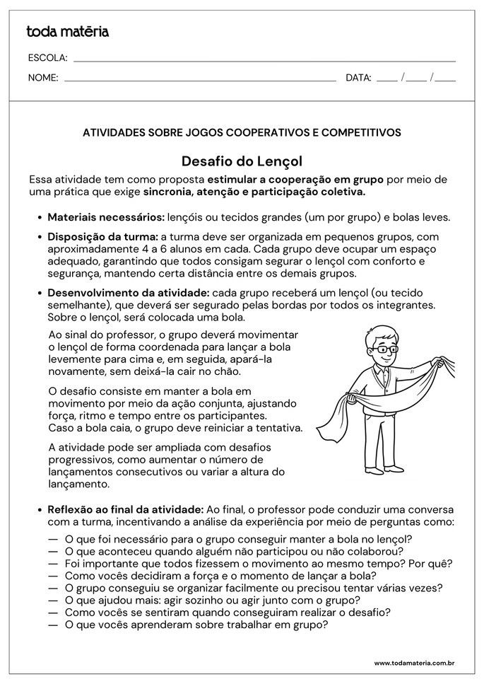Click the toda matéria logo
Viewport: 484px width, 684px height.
(67, 32)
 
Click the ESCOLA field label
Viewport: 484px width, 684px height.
(47, 58)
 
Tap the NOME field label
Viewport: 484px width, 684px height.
(43, 78)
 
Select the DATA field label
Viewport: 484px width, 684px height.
(358, 78)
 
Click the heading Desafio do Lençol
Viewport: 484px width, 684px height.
(242, 161)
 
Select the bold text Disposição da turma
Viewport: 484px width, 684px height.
(102, 236)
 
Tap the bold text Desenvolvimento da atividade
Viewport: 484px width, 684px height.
(128, 293)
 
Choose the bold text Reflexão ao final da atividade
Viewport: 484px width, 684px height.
(125, 509)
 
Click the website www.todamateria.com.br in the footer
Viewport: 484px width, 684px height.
(413, 663)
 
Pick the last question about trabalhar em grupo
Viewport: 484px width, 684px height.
(196, 625)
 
